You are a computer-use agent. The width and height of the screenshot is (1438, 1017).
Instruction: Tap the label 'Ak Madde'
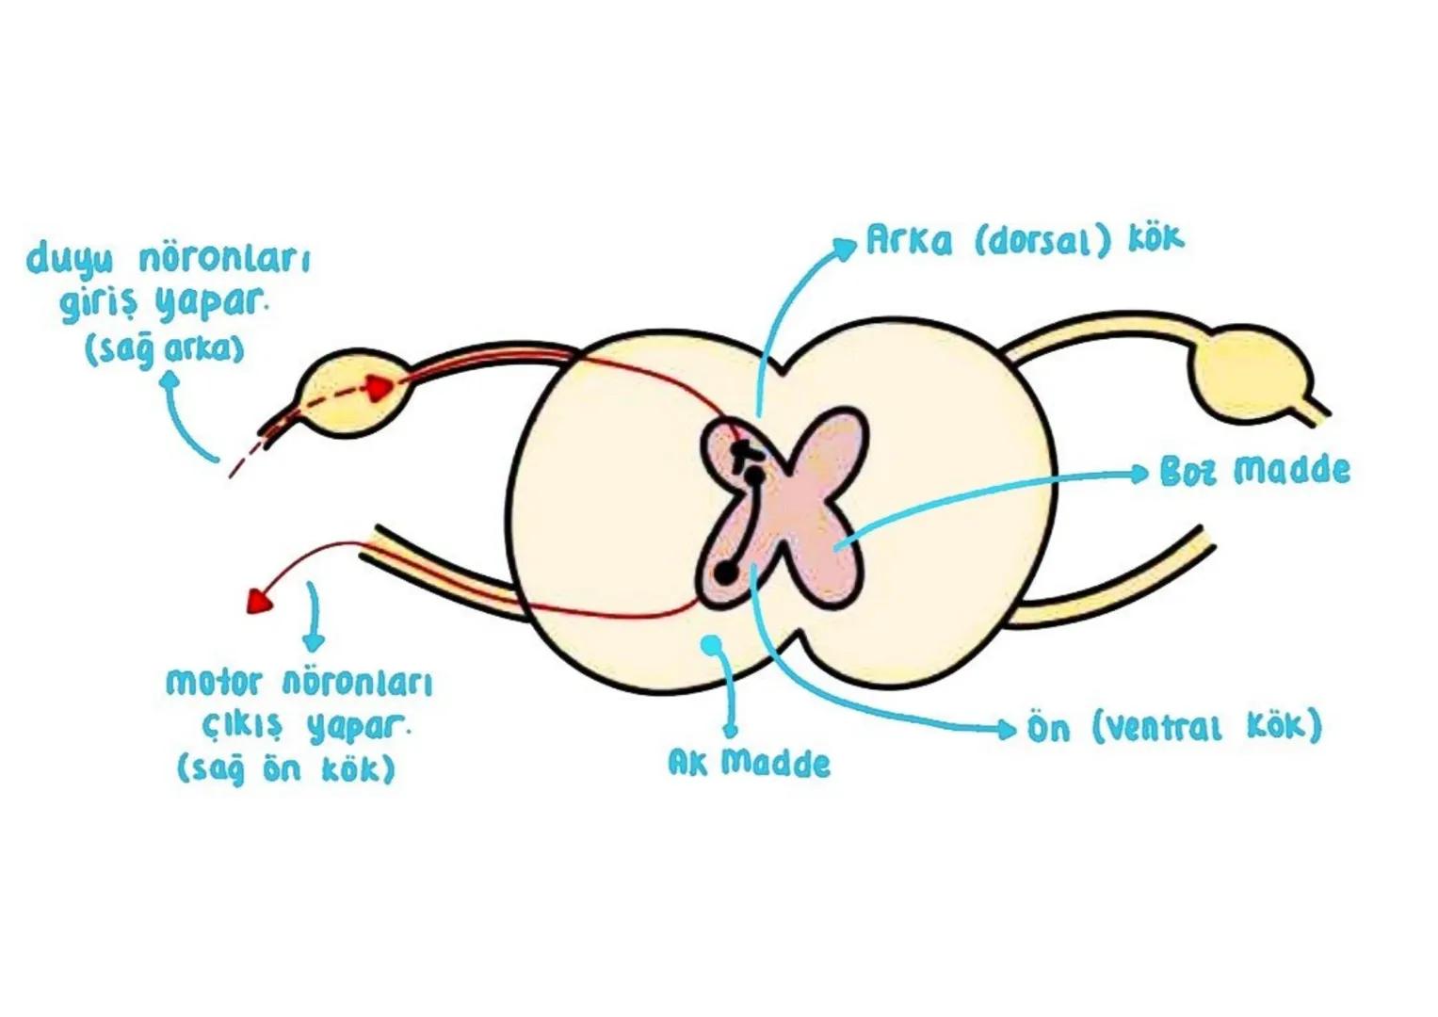tap(749, 762)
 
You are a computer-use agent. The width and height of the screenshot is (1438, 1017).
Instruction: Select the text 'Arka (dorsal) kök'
tap(1025, 240)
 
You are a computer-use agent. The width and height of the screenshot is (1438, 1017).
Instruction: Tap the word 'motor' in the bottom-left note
tap(212, 681)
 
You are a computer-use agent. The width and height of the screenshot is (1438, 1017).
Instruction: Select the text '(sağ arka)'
tap(165, 350)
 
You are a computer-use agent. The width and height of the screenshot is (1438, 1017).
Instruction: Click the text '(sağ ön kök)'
tap(286, 768)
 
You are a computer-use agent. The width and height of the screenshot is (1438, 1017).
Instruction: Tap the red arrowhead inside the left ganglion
tap(381, 387)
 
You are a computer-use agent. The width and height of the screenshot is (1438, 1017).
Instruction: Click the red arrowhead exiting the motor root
tap(257, 601)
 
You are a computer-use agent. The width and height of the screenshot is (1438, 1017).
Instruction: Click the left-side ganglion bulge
tap(352, 393)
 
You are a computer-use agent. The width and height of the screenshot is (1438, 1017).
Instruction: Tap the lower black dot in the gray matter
tap(725, 572)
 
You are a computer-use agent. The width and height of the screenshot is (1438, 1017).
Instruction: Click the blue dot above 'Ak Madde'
tap(713, 644)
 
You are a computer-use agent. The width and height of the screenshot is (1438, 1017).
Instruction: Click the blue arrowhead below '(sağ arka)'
tap(170, 380)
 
